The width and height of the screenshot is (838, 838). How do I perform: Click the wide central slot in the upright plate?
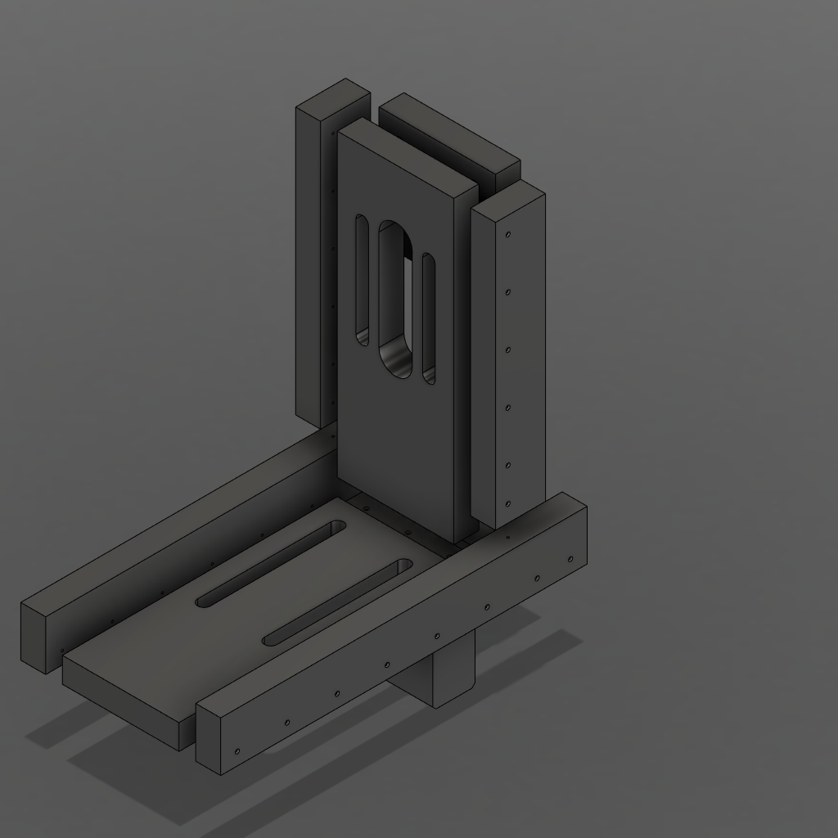coord(396,299)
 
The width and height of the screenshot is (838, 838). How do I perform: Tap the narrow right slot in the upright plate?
coord(428,319)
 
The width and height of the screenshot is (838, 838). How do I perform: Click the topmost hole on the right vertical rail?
coord(508,235)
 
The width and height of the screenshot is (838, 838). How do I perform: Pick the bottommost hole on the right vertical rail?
coord(508,504)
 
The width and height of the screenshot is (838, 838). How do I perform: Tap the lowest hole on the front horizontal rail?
coord(237,751)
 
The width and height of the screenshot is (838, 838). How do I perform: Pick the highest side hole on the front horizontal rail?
coord(570,560)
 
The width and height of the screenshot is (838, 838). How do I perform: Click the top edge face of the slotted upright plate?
coord(407,156)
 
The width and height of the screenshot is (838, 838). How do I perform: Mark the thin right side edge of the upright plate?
coord(465,360)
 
